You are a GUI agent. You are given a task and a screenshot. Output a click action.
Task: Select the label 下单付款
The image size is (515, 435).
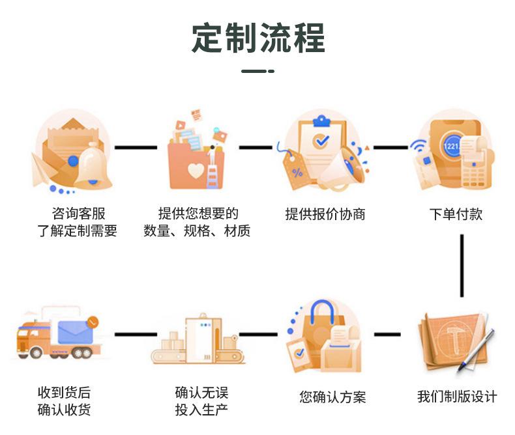456,214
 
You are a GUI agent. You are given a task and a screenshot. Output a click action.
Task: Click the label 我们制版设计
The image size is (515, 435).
457,397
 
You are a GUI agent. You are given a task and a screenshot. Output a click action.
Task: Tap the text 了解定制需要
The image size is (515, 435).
77,231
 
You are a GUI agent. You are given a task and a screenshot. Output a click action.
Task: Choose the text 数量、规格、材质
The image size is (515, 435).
197,231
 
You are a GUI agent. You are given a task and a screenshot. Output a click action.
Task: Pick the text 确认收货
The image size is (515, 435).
64,410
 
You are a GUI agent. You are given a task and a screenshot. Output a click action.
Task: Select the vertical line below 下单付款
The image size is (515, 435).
462,265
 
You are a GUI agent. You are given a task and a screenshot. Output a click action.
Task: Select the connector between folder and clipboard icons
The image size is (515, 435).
255,147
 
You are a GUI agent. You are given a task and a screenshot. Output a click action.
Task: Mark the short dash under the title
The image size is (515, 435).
257,71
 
